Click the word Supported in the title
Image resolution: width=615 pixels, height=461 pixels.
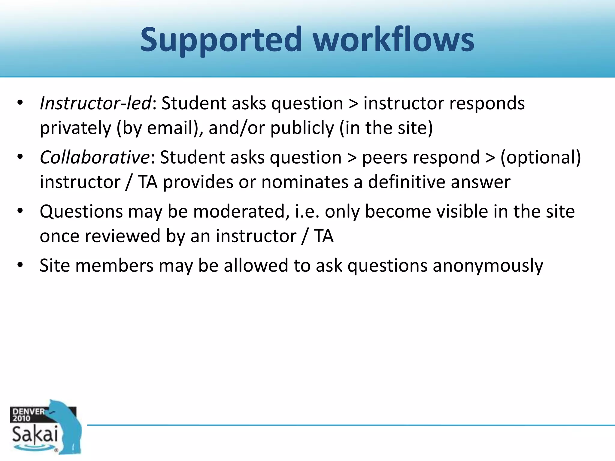(x=221, y=40)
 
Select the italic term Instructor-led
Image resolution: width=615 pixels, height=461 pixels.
(x=95, y=103)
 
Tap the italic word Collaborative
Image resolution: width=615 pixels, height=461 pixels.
(x=95, y=157)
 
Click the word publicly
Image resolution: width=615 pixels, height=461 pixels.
(x=302, y=128)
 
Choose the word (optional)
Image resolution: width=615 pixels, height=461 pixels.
(x=541, y=158)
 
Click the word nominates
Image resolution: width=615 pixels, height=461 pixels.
(x=305, y=182)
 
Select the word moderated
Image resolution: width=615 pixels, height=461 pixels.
(x=239, y=211)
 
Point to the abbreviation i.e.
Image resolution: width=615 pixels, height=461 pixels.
(x=307, y=211)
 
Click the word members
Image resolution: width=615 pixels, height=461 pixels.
(x=114, y=266)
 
